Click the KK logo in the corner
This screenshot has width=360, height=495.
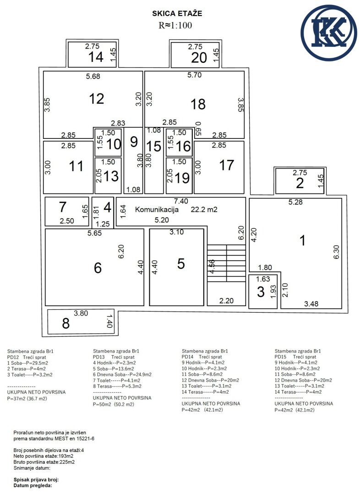(x=329, y=33)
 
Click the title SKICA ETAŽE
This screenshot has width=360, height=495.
(x=177, y=14)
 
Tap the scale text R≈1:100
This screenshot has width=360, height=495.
(x=175, y=25)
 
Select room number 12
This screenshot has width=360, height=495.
(x=97, y=99)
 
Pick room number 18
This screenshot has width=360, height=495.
(x=198, y=104)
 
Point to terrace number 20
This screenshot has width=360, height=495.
(x=199, y=58)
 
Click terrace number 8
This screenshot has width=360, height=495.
(x=65, y=324)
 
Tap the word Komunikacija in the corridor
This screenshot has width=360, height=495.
(x=157, y=209)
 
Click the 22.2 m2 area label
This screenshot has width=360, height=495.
(x=204, y=209)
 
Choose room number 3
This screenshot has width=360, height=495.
(x=261, y=291)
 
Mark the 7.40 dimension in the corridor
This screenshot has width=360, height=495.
(x=181, y=201)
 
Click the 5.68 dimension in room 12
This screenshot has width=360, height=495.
(x=93, y=76)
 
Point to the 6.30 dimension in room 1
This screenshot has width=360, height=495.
(x=337, y=252)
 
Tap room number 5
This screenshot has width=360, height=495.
(x=181, y=264)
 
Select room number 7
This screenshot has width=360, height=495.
(x=63, y=207)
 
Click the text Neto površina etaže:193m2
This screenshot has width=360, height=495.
(x=44, y=456)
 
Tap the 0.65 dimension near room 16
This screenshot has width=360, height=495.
(x=198, y=129)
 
